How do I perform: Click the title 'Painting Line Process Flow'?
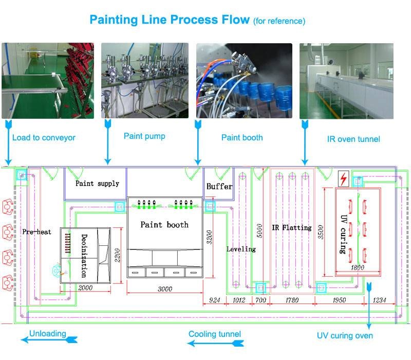click(x=170, y=20)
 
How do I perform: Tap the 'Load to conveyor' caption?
click(x=44, y=137)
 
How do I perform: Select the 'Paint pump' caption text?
click(x=144, y=136)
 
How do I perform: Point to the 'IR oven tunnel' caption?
click(x=353, y=139)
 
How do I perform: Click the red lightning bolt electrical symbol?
click(x=343, y=178)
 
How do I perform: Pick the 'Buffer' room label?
click(x=219, y=186)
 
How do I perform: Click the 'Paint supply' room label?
click(x=97, y=184)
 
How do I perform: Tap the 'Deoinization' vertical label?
click(x=84, y=256)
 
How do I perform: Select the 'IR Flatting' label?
click(x=292, y=227)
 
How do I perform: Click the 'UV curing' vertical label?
click(x=343, y=235)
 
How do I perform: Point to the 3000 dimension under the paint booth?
click(x=165, y=289)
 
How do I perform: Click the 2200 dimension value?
click(x=118, y=255)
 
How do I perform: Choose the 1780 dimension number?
click(x=292, y=300)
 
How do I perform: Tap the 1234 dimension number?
click(x=379, y=300)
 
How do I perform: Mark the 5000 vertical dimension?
click(x=259, y=230)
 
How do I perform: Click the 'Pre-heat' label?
click(x=36, y=232)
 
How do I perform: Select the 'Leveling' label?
click(x=241, y=249)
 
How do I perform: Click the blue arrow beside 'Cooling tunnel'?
click(x=215, y=343)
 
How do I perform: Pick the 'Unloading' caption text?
click(x=47, y=333)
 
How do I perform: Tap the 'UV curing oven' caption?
click(x=345, y=336)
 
